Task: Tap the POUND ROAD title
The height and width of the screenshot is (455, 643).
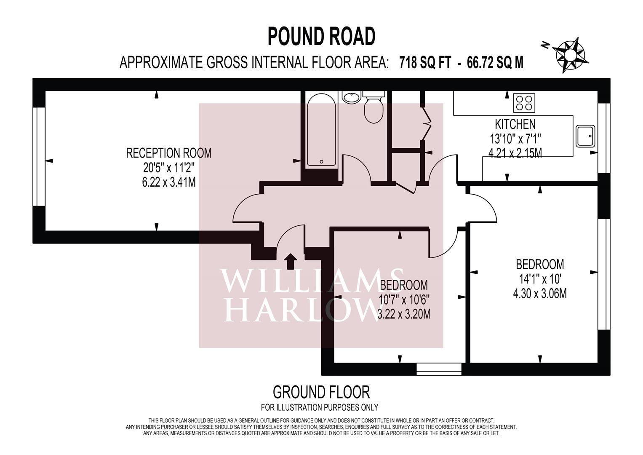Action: click(322, 37)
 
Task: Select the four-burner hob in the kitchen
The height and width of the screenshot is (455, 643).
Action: click(524, 103)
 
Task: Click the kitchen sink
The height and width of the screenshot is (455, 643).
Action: click(585, 136)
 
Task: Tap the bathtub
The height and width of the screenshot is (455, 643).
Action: click(322, 130)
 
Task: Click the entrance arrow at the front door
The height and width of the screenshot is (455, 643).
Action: click(291, 261)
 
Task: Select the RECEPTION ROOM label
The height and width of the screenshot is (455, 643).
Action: click(169, 153)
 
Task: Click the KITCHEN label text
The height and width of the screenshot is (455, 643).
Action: click(515, 124)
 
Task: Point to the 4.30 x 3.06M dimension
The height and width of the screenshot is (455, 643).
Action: click(540, 294)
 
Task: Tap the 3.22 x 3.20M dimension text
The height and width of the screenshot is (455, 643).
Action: click(404, 314)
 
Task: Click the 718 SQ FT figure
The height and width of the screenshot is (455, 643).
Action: click(425, 63)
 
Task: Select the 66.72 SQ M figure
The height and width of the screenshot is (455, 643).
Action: click(495, 63)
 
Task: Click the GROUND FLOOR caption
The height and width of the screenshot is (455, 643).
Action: click(321, 392)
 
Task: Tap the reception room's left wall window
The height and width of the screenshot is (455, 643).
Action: click(39, 157)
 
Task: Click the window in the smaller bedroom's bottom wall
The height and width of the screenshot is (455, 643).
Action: click(439, 369)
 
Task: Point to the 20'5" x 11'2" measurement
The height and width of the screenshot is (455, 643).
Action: click(169, 168)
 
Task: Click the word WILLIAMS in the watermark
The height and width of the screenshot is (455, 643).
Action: click(312, 280)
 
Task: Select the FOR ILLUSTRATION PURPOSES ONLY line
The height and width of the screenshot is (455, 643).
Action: click(320, 407)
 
